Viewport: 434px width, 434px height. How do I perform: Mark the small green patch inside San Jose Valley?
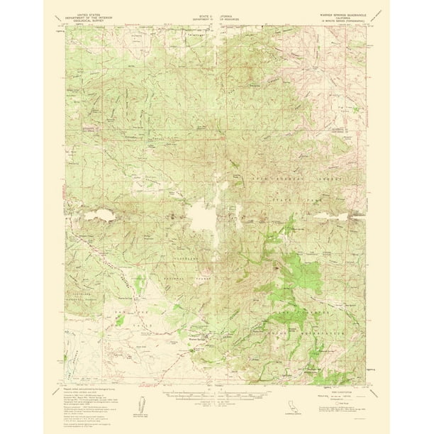tap(120, 321)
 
